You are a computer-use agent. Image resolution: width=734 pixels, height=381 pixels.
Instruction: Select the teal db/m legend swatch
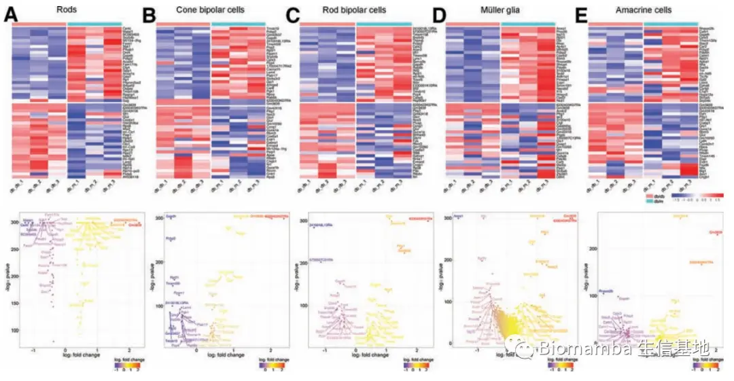click(x=650, y=201)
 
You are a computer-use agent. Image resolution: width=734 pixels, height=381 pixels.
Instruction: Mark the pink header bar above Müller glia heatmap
click(x=473, y=23)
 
